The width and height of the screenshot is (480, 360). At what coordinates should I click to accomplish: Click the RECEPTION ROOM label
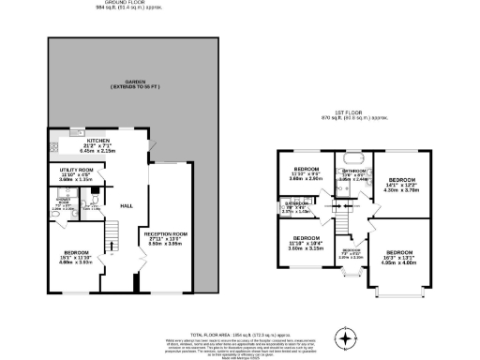click(x=165, y=231)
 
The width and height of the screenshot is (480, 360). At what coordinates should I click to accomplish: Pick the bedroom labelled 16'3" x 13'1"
click(x=400, y=252)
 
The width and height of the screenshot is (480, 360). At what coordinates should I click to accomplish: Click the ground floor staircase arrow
click(x=112, y=246)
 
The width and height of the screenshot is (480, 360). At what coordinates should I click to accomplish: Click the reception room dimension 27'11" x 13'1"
click(x=165, y=238)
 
